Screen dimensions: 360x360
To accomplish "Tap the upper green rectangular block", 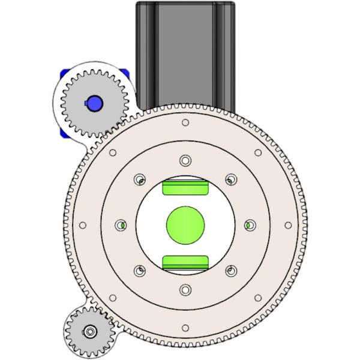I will pos(185,187).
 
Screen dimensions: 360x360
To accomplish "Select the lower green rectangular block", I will pos(185,262).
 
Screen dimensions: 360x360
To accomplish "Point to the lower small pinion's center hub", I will pos(90,331).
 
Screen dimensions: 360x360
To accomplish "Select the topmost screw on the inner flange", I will pos(185,160).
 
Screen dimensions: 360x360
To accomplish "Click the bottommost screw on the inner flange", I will pos(185,290).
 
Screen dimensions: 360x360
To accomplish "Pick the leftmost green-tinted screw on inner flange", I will pos(121,225).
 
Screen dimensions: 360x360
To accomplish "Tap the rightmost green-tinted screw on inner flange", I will pos(249,225).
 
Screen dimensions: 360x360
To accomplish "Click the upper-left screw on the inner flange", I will pos(139,179).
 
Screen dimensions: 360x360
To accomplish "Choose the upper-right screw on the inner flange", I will pos(230,179).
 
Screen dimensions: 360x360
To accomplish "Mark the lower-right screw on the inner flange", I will pos(230,271).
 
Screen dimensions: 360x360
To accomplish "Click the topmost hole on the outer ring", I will pos(185,123).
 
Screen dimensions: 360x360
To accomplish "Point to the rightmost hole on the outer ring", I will pos(287,226).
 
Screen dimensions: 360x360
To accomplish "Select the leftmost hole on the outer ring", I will pos(82,226).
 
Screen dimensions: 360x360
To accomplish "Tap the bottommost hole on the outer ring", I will pos(185,328).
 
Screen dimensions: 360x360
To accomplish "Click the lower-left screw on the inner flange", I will pos(139,271).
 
